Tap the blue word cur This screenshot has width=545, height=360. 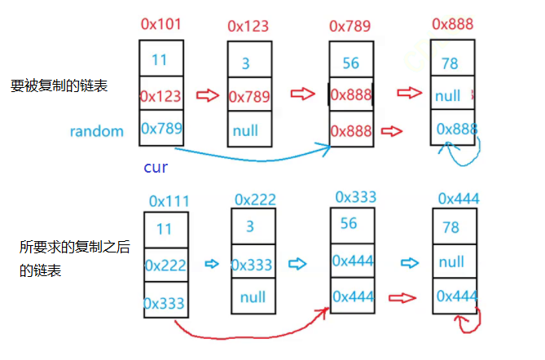coord(156,168)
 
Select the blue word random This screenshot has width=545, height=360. coord(97,131)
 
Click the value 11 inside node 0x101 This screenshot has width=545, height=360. coord(160,59)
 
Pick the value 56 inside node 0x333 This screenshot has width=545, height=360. coord(349,223)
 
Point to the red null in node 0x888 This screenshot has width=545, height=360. coord(448,95)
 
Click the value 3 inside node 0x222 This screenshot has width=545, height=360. coord(250,227)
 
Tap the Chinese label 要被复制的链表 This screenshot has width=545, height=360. coord(59,86)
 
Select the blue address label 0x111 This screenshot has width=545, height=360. coord(170,200)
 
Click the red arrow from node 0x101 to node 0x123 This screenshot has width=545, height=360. coord(209,96)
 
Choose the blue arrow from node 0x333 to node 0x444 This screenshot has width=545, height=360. coord(410,263)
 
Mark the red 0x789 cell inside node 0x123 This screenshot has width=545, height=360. coord(249,97)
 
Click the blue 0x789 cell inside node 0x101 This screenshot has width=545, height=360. coord(162,128)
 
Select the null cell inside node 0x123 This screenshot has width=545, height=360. coord(245,130)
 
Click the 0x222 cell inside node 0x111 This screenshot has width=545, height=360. coord(166,265)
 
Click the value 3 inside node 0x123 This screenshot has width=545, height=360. coord(245,63)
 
